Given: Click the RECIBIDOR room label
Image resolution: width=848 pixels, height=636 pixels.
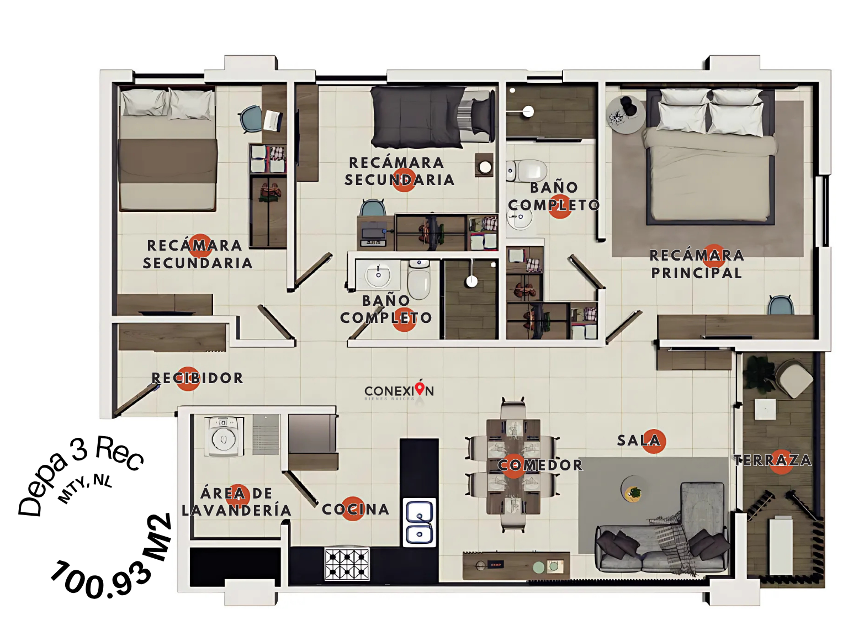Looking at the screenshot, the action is click(x=198, y=378).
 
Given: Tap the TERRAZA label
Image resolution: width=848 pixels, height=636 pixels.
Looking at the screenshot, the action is click(x=772, y=460).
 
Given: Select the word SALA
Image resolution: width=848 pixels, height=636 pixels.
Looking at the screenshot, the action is click(x=639, y=440).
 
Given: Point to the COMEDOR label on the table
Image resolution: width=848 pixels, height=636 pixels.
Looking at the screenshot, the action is click(x=540, y=465).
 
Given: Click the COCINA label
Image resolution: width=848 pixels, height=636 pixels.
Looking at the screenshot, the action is click(x=356, y=510).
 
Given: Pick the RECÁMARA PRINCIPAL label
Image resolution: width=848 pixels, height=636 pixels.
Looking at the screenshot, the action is click(x=697, y=264).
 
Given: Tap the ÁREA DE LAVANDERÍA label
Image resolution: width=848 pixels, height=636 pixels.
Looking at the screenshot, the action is click(x=236, y=502).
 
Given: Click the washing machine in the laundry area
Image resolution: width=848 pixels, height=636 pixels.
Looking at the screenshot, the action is click(x=224, y=436).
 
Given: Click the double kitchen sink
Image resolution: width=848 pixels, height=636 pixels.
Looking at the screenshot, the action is click(x=419, y=522).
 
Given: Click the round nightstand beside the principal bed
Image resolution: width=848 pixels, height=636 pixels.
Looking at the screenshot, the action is click(x=625, y=115).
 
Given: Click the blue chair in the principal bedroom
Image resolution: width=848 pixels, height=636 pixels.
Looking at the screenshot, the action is click(x=781, y=305).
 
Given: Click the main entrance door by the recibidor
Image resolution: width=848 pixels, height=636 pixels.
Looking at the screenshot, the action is click(x=136, y=399).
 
